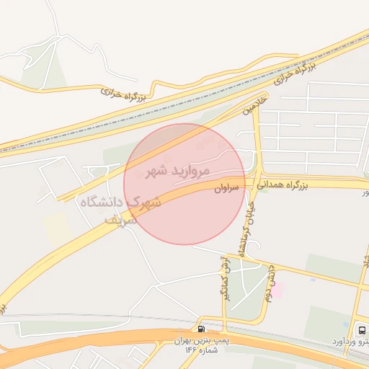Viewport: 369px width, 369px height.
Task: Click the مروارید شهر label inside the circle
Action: pyautogui.click(x=177, y=172)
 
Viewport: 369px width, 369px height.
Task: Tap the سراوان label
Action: pyautogui.click(x=226, y=189)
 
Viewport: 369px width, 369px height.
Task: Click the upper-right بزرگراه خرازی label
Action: pyautogui.click(x=296, y=70)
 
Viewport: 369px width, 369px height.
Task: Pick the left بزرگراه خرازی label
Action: pyautogui.click(x=123, y=94)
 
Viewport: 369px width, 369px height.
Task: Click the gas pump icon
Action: pyautogui.click(x=200, y=329)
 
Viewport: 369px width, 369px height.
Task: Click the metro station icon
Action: pyautogui.click(x=359, y=329)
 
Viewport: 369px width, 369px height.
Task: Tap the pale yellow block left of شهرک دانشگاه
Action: pyautogui.click(x=56, y=227)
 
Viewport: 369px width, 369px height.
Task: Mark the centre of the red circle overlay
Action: pyautogui.click(x=184, y=184)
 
